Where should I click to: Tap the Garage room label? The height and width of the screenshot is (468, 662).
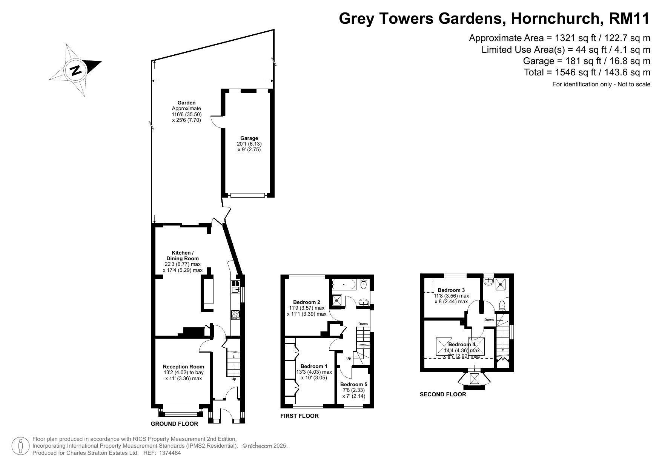tap(249, 138)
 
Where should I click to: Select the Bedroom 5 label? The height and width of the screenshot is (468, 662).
tap(353, 384)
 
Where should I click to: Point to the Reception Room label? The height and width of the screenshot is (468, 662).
tap(183, 367)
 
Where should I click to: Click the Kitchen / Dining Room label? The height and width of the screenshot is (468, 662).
tap(183, 255)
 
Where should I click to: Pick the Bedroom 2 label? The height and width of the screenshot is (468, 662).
tap(307, 302)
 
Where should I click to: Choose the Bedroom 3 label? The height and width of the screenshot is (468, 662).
tap(451, 290)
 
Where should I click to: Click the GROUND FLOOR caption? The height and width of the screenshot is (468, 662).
tap(174, 424)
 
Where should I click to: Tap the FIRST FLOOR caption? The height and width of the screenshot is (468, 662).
tap(300, 416)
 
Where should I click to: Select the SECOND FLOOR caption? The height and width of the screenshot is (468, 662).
tap(443, 394)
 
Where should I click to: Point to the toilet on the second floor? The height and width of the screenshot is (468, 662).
tap(502, 305)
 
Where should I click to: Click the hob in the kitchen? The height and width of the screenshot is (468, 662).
tap(235, 315)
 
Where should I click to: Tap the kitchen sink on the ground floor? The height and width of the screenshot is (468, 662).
tap(235, 287)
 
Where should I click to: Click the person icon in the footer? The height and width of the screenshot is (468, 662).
tap(20, 447)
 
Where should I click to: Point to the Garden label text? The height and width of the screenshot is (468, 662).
tap(186, 103)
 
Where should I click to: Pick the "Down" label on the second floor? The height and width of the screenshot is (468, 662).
tap(489, 320)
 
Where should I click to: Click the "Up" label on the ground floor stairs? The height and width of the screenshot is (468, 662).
tap(234, 379)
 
